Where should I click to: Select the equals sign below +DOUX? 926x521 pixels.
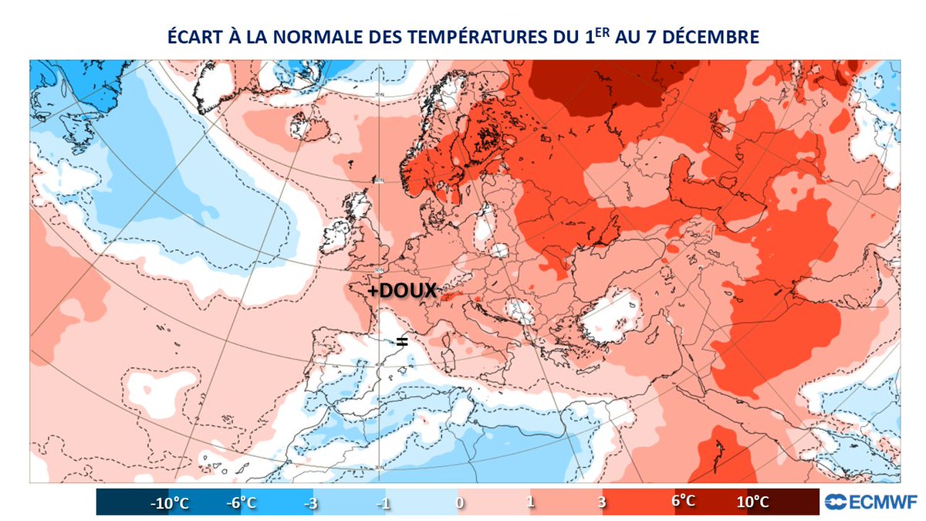401,340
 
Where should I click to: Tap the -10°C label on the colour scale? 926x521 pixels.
169,502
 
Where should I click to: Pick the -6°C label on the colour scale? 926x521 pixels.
242,502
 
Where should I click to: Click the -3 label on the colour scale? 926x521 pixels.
313,502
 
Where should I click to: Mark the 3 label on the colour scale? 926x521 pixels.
602,502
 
